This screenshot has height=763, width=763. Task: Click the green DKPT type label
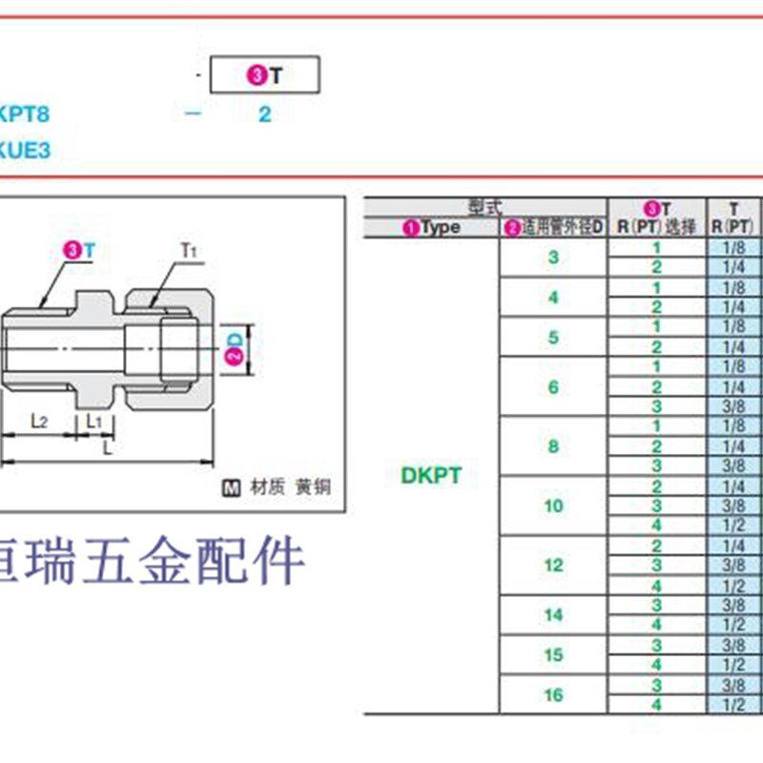pos(431,475)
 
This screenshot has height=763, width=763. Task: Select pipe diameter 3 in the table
pos(554,258)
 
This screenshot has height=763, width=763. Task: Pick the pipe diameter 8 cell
pos(554,446)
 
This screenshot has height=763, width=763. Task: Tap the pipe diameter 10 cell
pos(554,505)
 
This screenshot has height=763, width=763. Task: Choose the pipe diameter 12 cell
pos(554,566)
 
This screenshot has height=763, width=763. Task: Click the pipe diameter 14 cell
pos(554,615)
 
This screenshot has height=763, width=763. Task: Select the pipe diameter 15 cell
pos(554,655)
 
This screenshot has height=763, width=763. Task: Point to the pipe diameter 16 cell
pos(554,695)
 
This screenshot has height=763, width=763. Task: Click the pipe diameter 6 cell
pos(554,386)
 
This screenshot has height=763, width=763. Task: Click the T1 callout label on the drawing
pos(188,251)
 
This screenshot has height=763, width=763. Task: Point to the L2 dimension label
pos(40,420)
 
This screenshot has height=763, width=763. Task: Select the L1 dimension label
pos(95,420)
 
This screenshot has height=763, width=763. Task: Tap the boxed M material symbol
pos(231,487)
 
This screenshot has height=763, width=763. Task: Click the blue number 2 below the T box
pos(264,114)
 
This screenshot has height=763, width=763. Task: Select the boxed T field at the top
pos(264,75)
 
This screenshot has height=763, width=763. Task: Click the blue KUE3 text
pos(25,150)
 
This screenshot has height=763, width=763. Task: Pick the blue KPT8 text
pos(25,114)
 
